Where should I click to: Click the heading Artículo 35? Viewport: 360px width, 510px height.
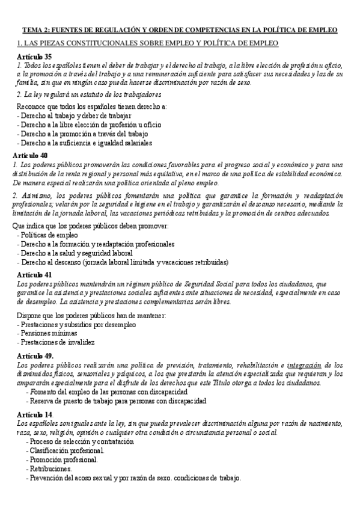click(34, 57)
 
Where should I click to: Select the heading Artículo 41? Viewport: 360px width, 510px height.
click(35, 274)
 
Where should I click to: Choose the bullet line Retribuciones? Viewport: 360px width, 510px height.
click(49, 469)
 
